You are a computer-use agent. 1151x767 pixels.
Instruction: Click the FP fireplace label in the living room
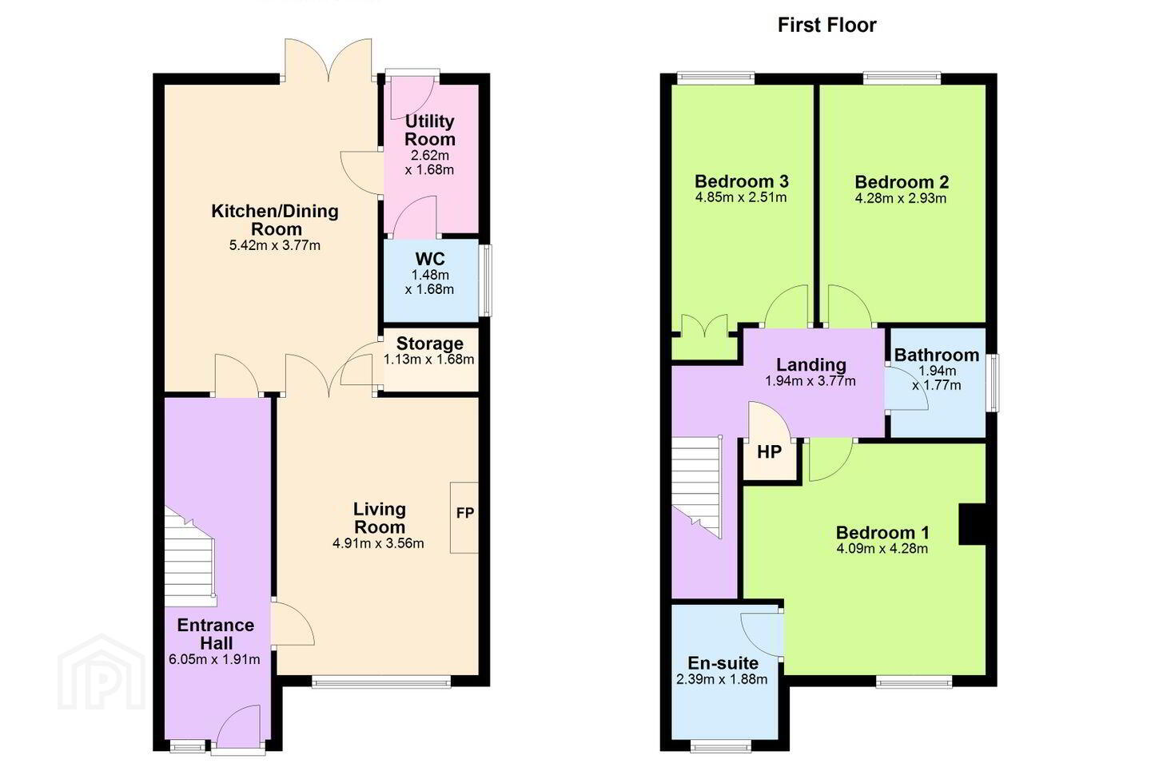464,513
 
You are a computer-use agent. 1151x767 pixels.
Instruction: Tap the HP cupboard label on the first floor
769,451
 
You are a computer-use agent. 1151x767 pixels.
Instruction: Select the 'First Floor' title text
826,26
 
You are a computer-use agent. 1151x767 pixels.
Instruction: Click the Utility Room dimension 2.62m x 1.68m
429,162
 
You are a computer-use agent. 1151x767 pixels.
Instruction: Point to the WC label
430,259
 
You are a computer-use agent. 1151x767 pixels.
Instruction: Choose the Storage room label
429,344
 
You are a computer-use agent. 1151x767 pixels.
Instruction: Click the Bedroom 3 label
741,181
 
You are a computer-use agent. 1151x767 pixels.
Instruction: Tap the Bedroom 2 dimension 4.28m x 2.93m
900,198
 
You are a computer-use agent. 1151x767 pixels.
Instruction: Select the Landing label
810,364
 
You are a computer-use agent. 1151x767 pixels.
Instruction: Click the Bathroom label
936,355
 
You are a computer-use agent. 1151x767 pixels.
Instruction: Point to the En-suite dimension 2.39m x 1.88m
722,679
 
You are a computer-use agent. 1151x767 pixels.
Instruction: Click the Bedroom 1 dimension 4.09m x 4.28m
882,549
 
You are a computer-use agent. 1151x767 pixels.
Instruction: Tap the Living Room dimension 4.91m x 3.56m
378,543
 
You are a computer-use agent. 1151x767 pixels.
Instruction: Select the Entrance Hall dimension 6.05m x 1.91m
214,659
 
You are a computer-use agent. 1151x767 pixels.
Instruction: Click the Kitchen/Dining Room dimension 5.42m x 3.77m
275,245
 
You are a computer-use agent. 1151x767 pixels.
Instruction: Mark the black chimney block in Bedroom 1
973,523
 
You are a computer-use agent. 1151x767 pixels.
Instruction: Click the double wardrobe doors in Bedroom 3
704,332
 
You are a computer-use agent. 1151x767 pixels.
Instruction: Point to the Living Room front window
381,682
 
